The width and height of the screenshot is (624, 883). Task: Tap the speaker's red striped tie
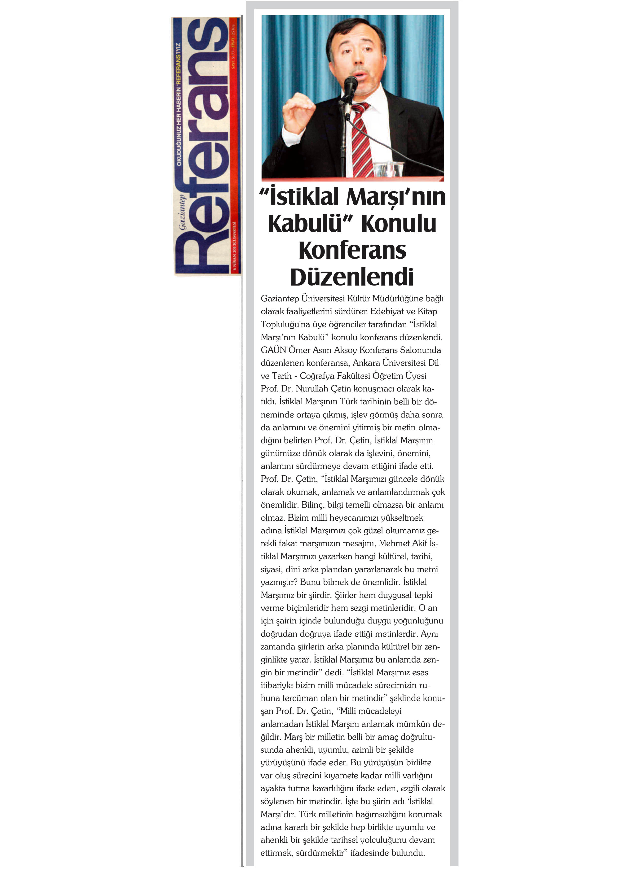click(361, 138)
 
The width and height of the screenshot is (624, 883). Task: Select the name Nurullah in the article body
click(312, 389)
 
